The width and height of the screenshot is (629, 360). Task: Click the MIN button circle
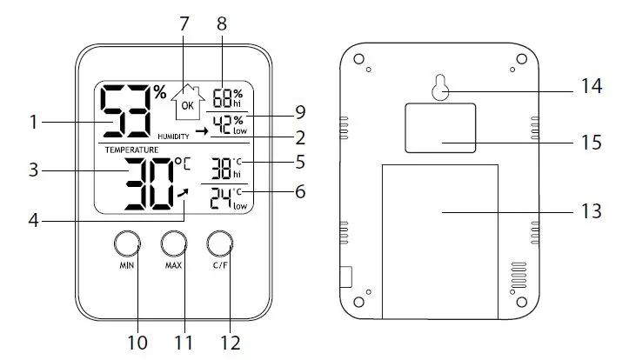(127, 243)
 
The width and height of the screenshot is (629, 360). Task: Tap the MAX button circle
(173, 243)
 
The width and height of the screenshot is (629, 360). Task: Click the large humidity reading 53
(125, 112)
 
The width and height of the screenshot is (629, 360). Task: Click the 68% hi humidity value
(227, 97)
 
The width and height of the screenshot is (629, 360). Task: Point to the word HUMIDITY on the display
(173, 137)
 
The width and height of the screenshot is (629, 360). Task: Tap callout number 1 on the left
(33, 123)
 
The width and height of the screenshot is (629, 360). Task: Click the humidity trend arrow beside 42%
(202, 130)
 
